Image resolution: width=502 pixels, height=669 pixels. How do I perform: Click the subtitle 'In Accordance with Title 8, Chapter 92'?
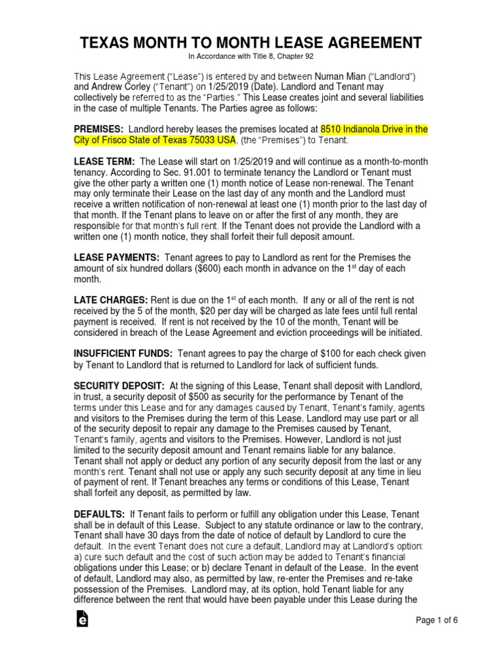click(251, 57)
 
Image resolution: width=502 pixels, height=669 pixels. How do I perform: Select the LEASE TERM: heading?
click(104, 161)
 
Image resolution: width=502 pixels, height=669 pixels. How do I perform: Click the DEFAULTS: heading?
click(99, 514)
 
